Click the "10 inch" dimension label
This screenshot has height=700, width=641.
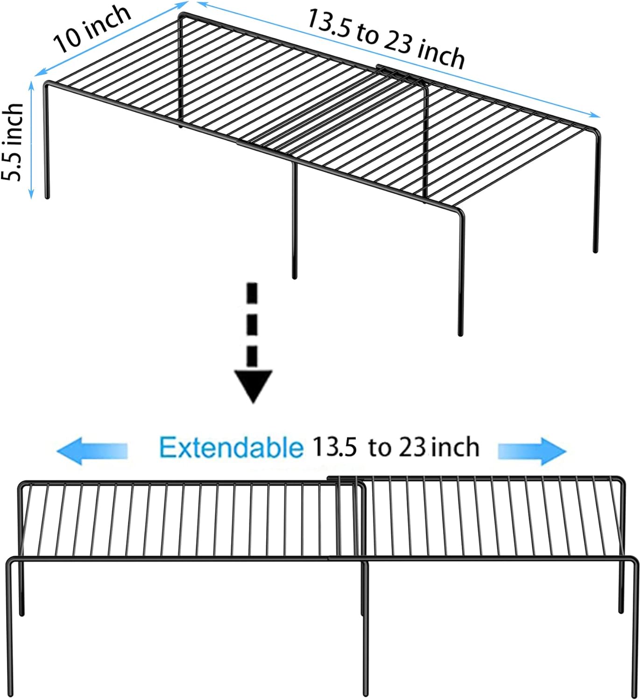(92, 29)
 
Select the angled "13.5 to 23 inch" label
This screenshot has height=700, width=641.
(386, 39)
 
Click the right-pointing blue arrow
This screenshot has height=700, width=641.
(532, 451)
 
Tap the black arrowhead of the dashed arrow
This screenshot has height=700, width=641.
(253, 385)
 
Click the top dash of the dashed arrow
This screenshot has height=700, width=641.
(252, 291)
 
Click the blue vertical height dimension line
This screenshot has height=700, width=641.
(31, 140)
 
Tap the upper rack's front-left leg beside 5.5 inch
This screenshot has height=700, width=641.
(47, 140)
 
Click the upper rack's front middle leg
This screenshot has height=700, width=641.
(294, 219)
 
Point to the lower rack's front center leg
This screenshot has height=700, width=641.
(366, 630)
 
